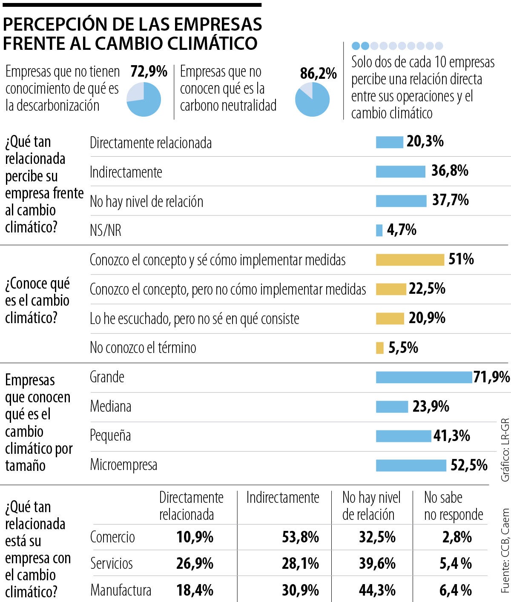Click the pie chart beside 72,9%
[144, 99]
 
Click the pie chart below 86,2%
[312, 99]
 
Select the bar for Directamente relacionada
[389, 142]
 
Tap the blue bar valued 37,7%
[401, 201]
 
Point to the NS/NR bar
[379, 230]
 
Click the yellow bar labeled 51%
[410, 260]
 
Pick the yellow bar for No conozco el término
[379, 348]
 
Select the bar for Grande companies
[424, 377]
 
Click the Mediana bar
[392, 407]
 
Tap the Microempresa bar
[411, 465]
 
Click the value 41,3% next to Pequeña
[452, 436]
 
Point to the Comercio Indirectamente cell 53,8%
[300, 537]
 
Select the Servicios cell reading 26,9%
[195, 564]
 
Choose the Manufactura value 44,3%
[377, 591]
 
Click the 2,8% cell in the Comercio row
[457, 537]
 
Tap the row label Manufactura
[121, 591]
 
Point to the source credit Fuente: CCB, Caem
[505, 551]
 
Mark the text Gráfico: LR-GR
[505, 450]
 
